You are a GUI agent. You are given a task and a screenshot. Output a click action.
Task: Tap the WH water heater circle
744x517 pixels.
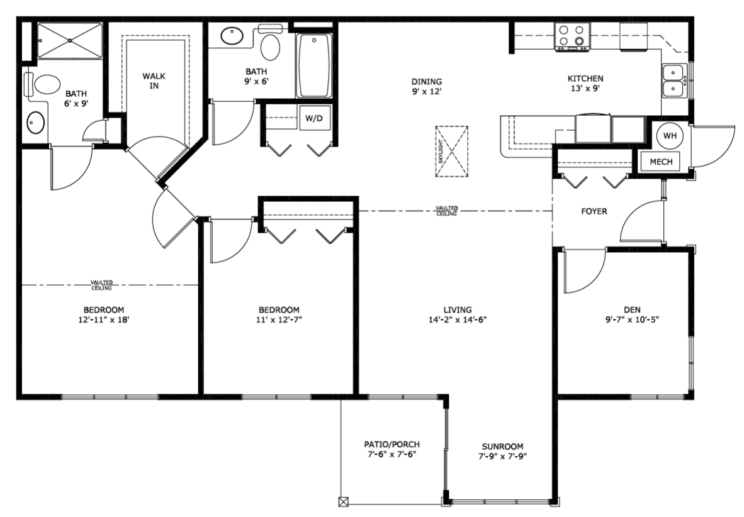click(670, 136)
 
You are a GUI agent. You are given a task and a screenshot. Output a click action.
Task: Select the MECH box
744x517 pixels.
click(660, 162)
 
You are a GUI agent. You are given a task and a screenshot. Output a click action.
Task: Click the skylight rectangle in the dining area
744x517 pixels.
click(452, 152)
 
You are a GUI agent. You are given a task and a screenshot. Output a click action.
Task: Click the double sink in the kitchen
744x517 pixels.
click(674, 81)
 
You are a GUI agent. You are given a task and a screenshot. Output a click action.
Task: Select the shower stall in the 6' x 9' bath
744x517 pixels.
click(70, 41)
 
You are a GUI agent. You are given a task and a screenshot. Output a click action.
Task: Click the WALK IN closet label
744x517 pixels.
click(154, 81)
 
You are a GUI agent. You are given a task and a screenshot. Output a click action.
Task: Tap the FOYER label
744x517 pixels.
click(594, 211)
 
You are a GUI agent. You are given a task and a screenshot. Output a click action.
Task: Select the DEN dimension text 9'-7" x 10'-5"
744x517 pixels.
click(632, 320)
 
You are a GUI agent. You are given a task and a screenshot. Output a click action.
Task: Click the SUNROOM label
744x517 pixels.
click(502, 447)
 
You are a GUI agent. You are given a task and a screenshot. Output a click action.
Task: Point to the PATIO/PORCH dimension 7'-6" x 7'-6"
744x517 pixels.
click(392, 454)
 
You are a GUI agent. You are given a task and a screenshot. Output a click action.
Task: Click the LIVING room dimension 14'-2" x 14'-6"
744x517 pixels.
click(458, 320)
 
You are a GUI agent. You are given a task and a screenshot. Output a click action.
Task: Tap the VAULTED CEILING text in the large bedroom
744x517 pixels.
click(101, 285)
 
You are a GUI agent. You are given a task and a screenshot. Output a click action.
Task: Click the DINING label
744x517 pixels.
click(427, 82)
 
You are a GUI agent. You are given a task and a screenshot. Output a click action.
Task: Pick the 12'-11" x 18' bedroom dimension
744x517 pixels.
click(104, 320)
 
